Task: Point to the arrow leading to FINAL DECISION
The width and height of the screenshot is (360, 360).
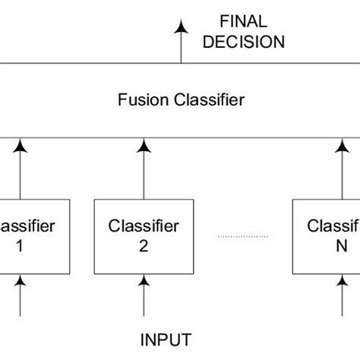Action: (x=181, y=41)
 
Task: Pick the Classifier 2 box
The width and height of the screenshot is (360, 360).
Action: (x=143, y=236)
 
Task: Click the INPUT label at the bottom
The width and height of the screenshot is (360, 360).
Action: (x=165, y=339)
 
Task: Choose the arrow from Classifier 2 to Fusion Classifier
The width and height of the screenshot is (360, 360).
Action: (x=144, y=168)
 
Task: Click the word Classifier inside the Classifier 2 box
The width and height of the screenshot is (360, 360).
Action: (x=144, y=226)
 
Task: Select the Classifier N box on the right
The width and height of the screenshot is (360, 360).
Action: (x=327, y=236)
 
